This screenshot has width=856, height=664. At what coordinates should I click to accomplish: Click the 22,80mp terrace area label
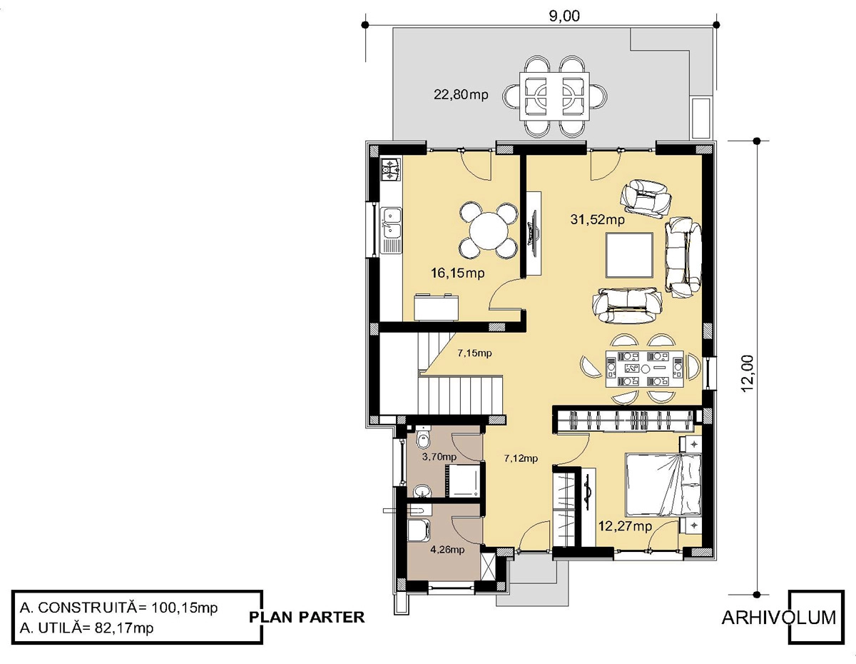pyautogui.click(x=461, y=95)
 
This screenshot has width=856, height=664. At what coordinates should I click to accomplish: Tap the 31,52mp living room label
pyautogui.click(x=597, y=219)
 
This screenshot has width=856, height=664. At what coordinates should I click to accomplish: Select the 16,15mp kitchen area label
pyautogui.click(x=458, y=273)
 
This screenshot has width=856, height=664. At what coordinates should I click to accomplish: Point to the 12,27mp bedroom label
pyautogui.click(x=625, y=525)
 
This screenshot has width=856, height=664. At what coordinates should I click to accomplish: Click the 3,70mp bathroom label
pyautogui.click(x=439, y=457)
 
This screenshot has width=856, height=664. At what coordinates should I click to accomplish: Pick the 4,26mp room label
pyautogui.click(x=447, y=550)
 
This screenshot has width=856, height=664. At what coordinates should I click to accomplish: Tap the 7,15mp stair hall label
pyautogui.click(x=474, y=353)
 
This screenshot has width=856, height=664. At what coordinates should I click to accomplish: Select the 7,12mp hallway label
pyautogui.click(x=521, y=458)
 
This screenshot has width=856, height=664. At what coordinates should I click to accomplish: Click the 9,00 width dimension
pyautogui.click(x=564, y=16)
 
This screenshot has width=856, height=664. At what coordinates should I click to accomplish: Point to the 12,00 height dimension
pyautogui.click(x=748, y=373)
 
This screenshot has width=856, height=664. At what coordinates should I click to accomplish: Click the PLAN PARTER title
pyautogui.click(x=307, y=618)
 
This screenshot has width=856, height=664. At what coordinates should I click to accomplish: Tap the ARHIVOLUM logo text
pyautogui.click(x=779, y=618)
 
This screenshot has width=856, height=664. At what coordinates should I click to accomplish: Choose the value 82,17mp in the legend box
pyautogui.click(x=123, y=628)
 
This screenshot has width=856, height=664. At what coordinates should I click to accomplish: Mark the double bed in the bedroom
pyautogui.click(x=663, y=485)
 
